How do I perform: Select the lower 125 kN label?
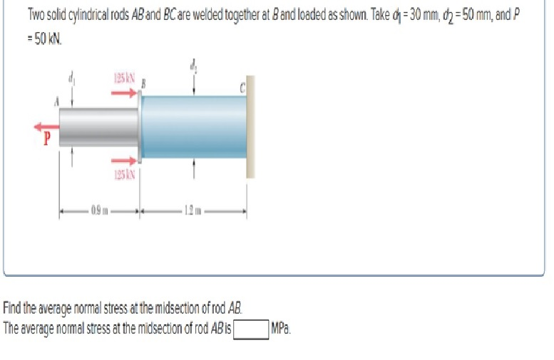tap(125, 173)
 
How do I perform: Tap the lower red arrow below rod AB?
tap(125, 160)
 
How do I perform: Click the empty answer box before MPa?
tap(251, 329)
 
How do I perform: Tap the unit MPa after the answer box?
tap(281, 329)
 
